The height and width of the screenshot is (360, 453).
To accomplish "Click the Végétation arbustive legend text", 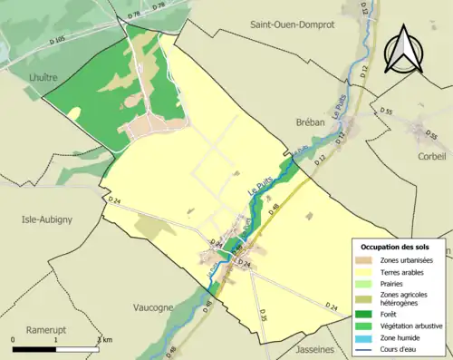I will (412, 326).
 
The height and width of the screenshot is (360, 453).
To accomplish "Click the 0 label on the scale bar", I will (14, 338).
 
